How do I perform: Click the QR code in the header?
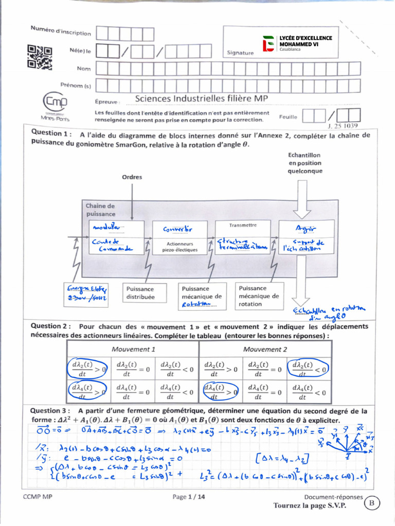39,57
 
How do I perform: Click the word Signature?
240,52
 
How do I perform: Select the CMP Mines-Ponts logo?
56,106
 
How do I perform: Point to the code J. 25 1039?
343,125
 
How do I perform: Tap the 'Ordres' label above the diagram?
132,177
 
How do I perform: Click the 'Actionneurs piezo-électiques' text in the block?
179,247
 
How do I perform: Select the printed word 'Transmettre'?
242,224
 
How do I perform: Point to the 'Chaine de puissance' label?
101,210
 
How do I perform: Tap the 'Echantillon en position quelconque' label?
304,163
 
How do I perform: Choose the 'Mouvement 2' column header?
265,349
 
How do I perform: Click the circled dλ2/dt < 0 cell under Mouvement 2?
308,368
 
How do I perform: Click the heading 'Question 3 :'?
50,411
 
